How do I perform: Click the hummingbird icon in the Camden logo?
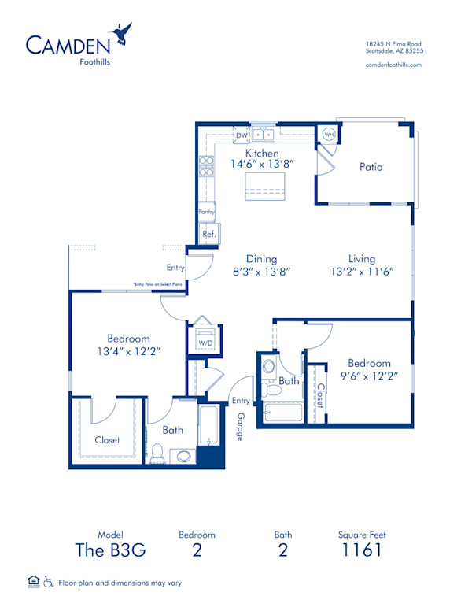coord(123,33)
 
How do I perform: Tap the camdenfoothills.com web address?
coord(394,65)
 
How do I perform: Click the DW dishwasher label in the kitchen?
coord(242,135)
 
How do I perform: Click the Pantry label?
coord(207,212)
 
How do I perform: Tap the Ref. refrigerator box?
coord(208,234)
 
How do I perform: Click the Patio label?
coord(371,167)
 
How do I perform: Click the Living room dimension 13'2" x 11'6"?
coord(362,272)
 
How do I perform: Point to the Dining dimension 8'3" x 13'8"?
coord(262,272)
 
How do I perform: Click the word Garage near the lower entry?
coord(240,425)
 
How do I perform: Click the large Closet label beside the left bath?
coord(107,440)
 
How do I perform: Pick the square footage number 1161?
coord(362,550)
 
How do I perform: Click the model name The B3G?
coord(111,550)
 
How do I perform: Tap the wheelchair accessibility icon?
coord(48,582)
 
